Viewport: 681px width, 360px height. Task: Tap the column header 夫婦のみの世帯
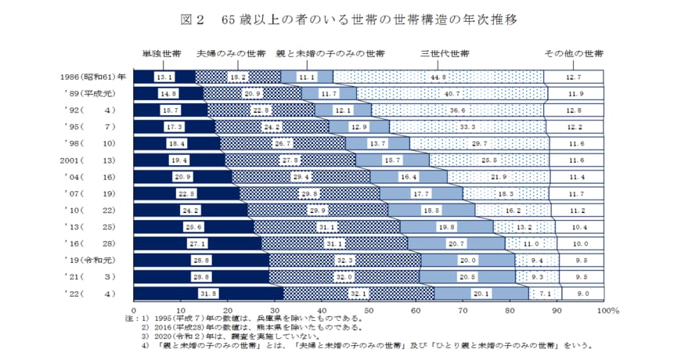pyautogui.click(x=231, y=54)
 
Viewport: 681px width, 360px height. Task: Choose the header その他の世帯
pyautogui.click(x=574, y=54)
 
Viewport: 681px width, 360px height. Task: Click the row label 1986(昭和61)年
pyautogui.click(x=92, y=77)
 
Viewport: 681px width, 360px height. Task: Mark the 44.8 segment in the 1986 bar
pyautogui.click(x=438, y=77)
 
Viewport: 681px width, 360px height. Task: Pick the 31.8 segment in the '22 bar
pyautogui.click(x=208, y=293)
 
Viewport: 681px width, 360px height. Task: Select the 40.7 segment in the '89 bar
pyautogui.click(x=452, y=93)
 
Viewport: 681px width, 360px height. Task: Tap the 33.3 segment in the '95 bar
pyautogui.click(x=469, y=126)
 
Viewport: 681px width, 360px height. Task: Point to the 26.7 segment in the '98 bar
pyautogui.click(x=283, y=142)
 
